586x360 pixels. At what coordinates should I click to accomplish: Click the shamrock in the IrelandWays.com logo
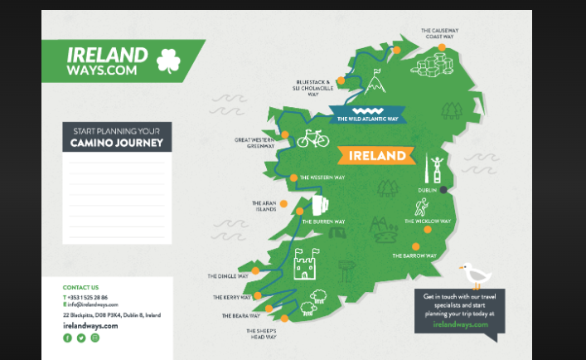(168, 60)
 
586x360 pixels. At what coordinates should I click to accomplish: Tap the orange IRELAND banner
(377, 155)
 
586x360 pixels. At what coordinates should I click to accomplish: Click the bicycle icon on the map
(312, 138)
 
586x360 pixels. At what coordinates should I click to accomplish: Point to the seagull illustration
(475, 275)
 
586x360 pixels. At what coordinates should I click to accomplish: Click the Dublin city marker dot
(443, 190)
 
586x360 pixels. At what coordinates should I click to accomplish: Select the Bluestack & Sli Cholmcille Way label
(314, 88)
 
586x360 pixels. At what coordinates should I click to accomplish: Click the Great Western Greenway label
(255, 143)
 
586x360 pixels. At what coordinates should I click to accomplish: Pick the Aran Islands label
(264, 206)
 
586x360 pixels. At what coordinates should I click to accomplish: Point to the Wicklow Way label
(428, 221)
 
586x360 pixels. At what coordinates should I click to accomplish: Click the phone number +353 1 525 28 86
(87, 297)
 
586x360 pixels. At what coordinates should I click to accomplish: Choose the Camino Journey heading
(117, 144)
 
